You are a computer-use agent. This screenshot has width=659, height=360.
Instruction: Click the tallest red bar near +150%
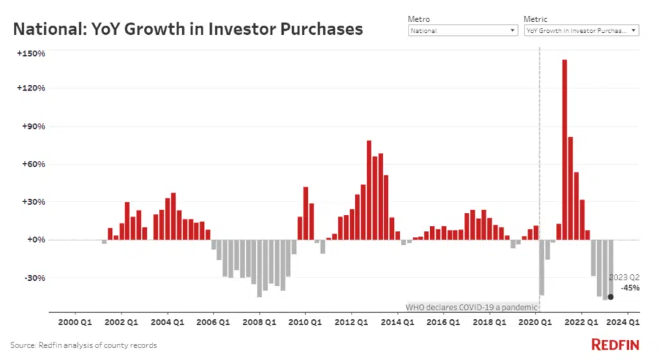click(564, 148)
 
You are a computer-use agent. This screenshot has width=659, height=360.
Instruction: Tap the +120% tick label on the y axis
click(32, 88)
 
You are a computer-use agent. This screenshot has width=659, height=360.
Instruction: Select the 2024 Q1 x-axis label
click(625, 321)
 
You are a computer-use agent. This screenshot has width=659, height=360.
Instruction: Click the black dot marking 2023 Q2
click(610, 297)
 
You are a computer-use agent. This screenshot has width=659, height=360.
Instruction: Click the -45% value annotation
click(631, 288)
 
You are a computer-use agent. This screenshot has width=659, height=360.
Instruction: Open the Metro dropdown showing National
click(463, 30)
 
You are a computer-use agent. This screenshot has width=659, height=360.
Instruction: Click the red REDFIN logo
click(616, 344)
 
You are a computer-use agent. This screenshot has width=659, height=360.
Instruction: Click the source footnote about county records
click(84, 345)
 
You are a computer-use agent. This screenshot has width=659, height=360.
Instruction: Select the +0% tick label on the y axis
click(34, 240)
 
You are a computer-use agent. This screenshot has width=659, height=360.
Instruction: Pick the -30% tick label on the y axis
click(34, 278)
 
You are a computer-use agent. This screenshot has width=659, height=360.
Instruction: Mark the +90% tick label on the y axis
click(33, 126)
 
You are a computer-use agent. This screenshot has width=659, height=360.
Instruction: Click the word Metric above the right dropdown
click(536, 19)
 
